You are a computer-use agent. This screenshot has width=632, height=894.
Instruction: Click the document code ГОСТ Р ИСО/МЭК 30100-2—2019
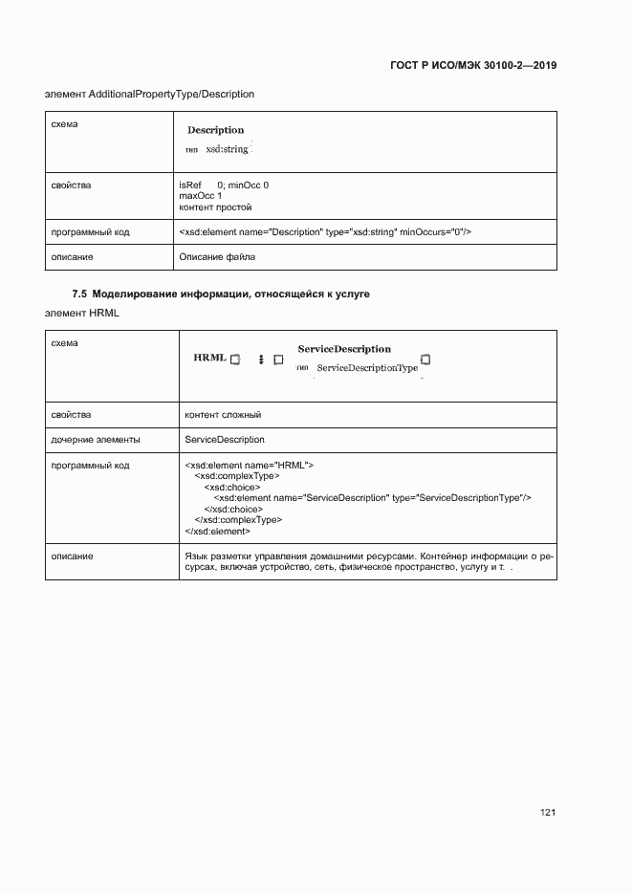[473, 66]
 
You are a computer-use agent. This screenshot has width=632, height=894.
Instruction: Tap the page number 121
[548, 812]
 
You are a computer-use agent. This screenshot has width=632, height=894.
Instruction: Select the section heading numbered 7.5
[221, 294]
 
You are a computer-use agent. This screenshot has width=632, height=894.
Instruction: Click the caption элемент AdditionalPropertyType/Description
[150, 94]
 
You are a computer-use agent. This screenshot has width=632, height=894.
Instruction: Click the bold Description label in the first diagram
[215, 130]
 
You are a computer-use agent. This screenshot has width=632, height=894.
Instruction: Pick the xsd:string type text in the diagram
[227, 149]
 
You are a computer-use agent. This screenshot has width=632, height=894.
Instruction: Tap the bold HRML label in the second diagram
[209, 358]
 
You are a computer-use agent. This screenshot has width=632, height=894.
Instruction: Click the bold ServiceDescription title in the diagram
[344, 349]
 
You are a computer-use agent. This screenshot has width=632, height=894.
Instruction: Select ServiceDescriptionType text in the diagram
[367, 368]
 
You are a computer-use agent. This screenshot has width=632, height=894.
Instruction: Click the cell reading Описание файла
[217, 257]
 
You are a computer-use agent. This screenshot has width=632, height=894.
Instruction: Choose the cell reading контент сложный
[223, 415]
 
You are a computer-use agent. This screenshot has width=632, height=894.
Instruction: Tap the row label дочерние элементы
[96, 440]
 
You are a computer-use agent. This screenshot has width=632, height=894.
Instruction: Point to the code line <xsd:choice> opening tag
[225, 487]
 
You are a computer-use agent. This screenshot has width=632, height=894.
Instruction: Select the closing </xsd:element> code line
[217, 531]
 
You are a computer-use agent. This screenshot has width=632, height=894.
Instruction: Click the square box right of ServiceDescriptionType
[426, 360]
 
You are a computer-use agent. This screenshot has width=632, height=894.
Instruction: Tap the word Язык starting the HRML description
[195, 556]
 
